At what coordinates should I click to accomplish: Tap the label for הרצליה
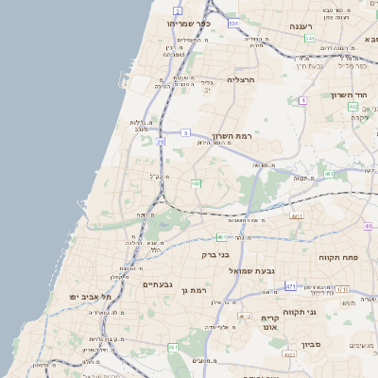tap(243, 80)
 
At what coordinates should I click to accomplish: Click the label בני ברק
tap(215, 254)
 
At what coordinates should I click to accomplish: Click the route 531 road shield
tap(232, 22)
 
